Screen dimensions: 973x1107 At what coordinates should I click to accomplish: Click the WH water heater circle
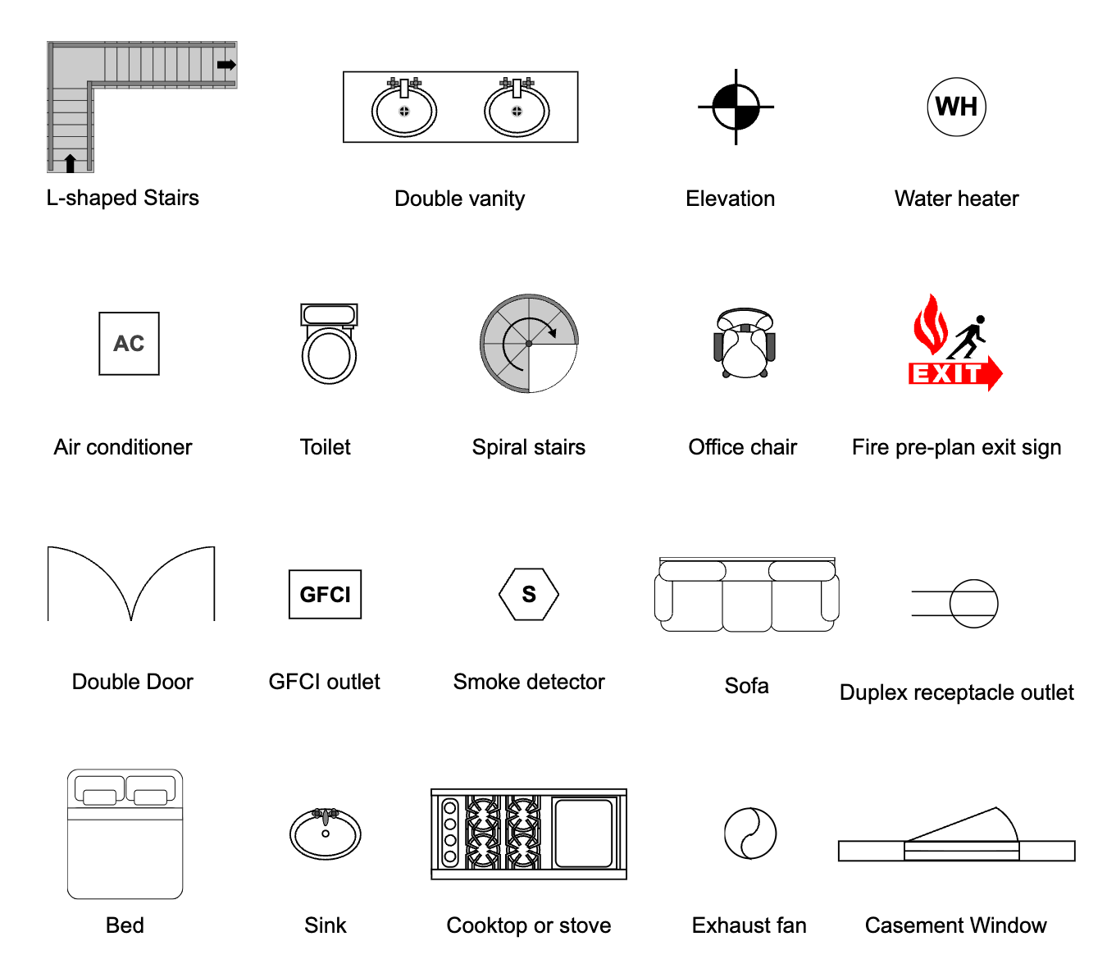956,107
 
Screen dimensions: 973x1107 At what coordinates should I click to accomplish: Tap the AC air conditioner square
129,344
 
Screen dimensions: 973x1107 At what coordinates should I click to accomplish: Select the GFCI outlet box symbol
325,594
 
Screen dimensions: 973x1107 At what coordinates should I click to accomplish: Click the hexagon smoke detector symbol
529,594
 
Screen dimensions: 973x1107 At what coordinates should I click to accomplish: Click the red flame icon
930,325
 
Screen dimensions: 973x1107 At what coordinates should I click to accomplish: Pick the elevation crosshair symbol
736,107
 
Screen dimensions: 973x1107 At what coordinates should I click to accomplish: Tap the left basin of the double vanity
404,112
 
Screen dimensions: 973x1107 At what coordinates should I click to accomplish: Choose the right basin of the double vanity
517,112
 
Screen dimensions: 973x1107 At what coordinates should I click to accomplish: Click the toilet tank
329,314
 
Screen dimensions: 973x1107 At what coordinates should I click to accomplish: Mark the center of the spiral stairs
529,343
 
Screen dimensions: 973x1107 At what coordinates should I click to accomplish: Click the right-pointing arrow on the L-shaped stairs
226,65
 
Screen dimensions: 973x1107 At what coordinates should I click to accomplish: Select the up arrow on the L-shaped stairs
71,162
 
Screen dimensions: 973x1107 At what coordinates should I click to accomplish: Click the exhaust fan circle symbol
749,834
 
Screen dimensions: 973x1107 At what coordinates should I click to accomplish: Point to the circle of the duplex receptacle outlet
973,604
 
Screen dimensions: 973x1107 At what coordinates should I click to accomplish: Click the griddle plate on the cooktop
584,834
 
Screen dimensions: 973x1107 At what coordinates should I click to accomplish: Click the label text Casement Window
955,925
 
